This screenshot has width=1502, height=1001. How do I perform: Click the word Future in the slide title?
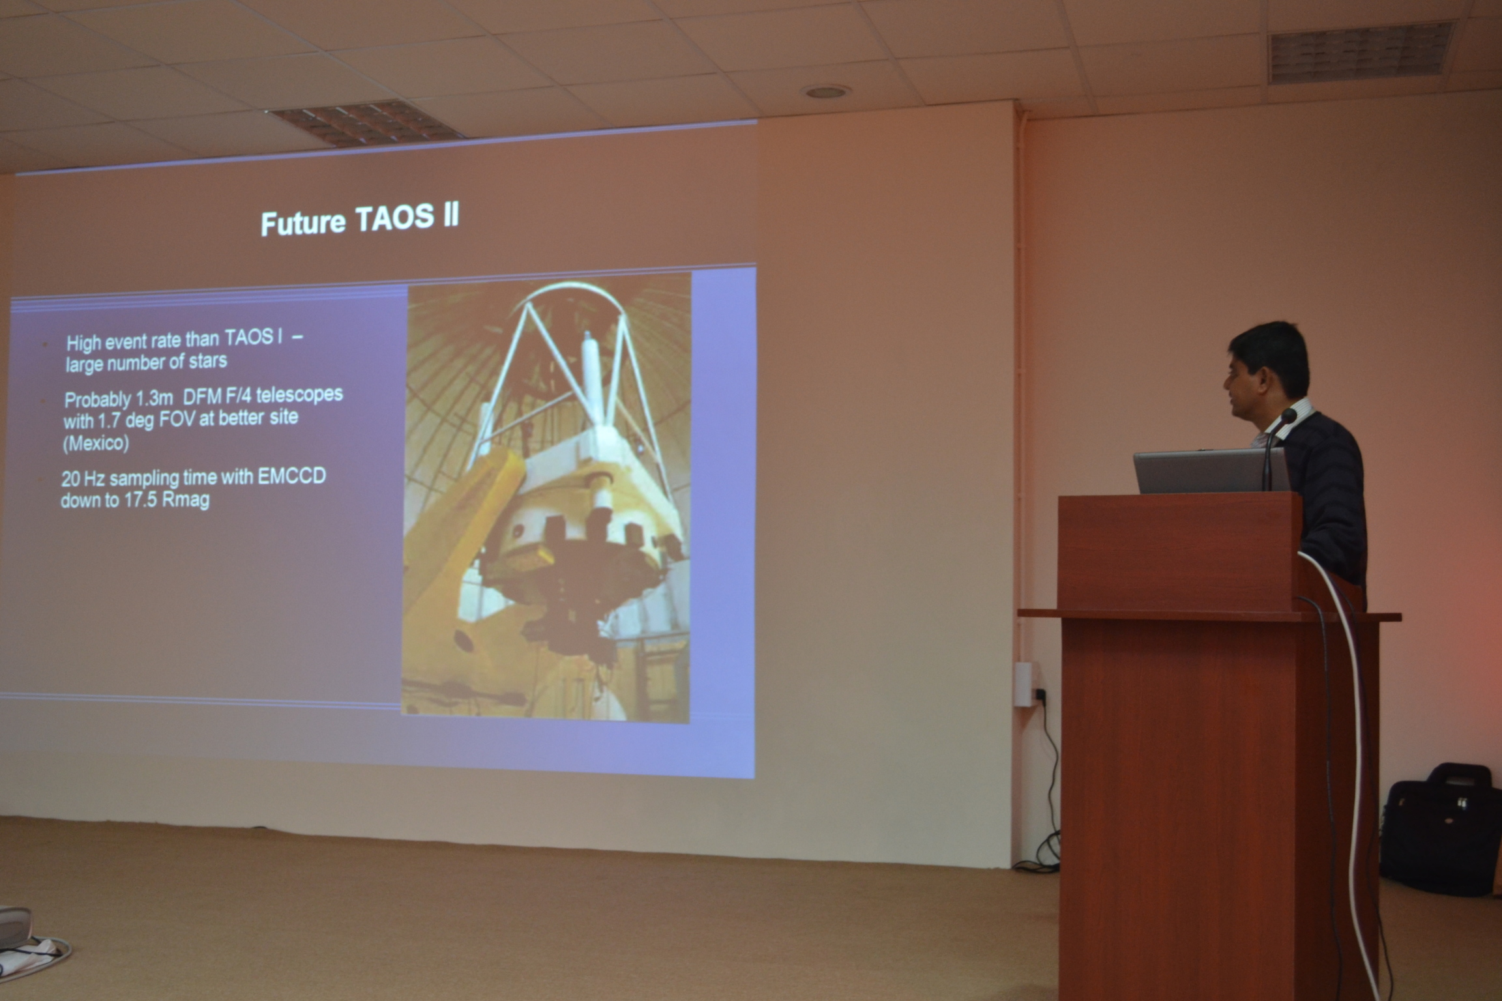click(x=303, y=223)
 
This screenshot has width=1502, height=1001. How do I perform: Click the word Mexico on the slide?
click(x=96, y=443)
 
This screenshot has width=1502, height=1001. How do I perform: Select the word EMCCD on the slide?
click(x=291, y=476)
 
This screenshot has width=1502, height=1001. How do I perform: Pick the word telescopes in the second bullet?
click(x=299, y=395)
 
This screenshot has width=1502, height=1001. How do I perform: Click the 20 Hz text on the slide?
click(x=83, y=479)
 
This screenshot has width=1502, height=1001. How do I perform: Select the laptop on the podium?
click(x=1211, y=471)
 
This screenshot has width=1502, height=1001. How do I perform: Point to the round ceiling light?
click(x=827, y=92)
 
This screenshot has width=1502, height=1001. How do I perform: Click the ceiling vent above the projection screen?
click(x=365, y=122)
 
